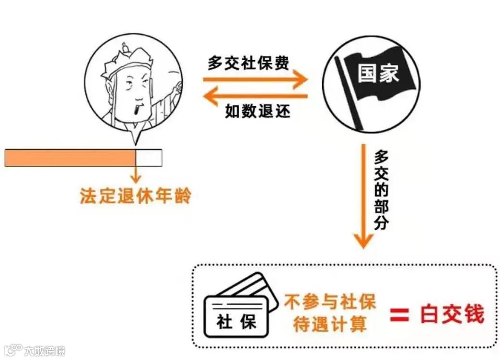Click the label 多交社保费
click(x=248, y=63)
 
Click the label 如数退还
click(x=258, y=112)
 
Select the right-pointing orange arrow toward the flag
click(x=255, y=79)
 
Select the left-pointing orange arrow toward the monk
click(x=255, y=96)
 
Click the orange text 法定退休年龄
click(x=135, y=196)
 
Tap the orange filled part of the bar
click(x=70, y=158)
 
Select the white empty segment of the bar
click(x=149, y=158)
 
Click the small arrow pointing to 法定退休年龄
click(x=136, y=174)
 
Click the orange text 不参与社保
click(x=329, y=302)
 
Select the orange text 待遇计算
click(x=329, y=324)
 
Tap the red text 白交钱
click(x=451, y=314)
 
